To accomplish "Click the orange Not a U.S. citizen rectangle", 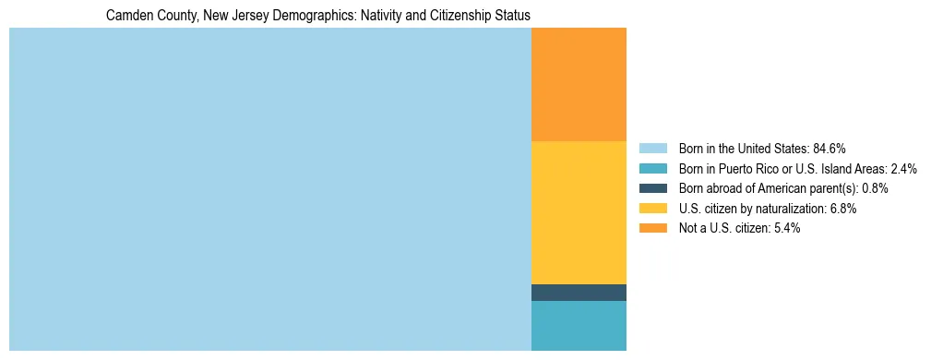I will tap(579, 84).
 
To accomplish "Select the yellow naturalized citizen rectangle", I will tap(579, 212).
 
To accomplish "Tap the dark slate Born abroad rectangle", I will tap(579, 293).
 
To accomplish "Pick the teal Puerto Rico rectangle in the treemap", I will tap(579, 326).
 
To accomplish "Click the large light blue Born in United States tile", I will tap(269, 189).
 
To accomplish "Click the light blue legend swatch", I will tap(652, 149).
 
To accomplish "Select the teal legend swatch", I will tap(652, 169).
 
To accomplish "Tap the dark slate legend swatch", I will tap(652, 188).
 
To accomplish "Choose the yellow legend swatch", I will tap(652, 209).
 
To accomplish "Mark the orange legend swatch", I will tap(652, 229).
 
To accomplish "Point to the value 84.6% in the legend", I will tap(829, 149).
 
